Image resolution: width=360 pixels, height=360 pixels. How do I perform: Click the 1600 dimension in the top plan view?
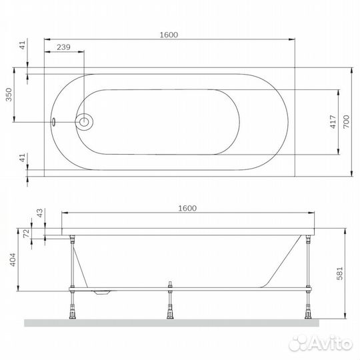(x=168, y=35)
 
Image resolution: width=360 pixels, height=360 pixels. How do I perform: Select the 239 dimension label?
(x=63, y=47)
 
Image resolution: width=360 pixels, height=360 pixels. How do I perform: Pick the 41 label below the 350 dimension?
(x=21, y=158)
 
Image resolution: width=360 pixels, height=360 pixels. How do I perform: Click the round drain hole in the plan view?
(x=85, y=122)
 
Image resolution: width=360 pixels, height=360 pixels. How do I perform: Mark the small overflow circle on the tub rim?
(x=55, y=122)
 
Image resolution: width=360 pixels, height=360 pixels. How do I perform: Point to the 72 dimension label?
(x=26, y=233)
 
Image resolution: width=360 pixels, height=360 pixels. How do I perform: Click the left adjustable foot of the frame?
(x=70, y=307)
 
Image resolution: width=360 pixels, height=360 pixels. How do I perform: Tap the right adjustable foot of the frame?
(x=308, y=307)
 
